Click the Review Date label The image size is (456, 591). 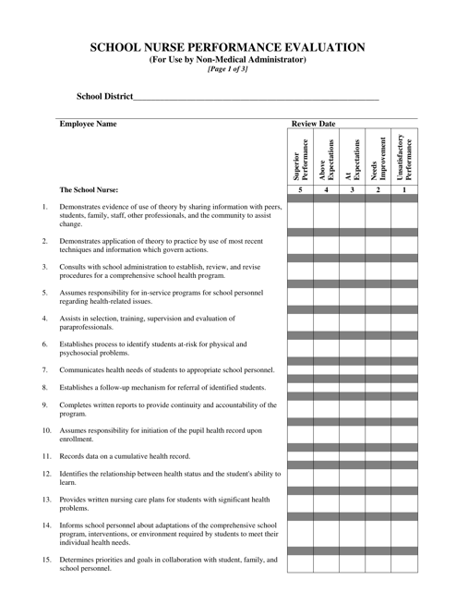(314, 123)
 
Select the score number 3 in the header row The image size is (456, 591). (352, 189)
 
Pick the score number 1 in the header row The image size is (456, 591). (404, 189)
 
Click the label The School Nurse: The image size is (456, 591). (89, 190)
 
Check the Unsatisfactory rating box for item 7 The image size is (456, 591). (404, 367)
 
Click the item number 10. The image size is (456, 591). (46, 430)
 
